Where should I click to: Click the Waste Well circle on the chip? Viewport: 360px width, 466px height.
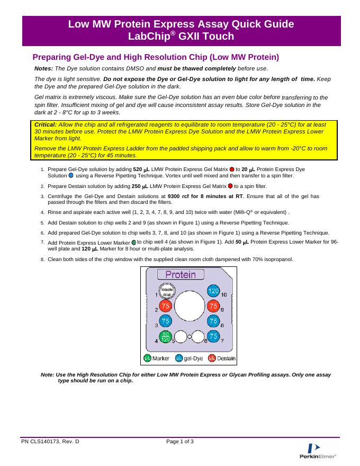click(167, 292)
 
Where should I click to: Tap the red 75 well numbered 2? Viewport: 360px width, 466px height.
click(166, 307)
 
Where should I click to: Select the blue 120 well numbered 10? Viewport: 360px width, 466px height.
click(213, 292)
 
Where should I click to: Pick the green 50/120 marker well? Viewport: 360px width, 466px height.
click(166, 336)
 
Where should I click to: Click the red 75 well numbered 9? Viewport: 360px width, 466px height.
click(213, 307)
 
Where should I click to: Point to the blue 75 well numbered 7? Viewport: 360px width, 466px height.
click(213, 336)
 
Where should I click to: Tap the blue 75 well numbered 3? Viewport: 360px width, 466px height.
click(166, 321)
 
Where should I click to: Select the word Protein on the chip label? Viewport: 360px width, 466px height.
click(181, 275)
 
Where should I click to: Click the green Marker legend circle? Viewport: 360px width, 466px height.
click(148, 359)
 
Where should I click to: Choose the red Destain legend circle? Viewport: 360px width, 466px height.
click(212, 359)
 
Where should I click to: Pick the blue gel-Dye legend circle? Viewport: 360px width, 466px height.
click(179, 359)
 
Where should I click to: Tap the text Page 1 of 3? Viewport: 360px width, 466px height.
click(180, 441)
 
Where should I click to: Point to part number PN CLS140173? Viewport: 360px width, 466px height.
click(50, 441)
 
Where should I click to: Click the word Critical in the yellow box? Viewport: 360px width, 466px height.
click(46, 124)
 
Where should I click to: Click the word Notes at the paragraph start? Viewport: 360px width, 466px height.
click(43, 69)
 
